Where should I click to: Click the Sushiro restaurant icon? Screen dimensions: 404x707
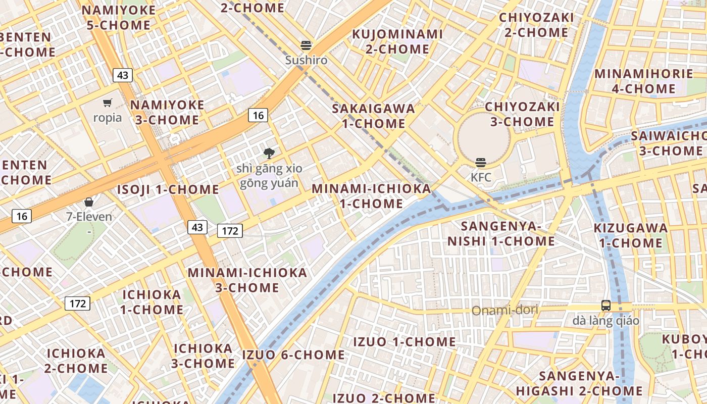(306, 45)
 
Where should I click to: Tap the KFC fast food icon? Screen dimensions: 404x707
(480, 163)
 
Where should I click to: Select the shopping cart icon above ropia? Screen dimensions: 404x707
(107, 103)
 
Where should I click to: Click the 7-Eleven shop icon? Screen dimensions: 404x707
(89, 202)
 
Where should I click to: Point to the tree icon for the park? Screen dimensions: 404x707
(269, 153)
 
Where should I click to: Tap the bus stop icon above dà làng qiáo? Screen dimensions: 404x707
(606, 305)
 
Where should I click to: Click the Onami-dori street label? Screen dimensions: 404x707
(504, 310)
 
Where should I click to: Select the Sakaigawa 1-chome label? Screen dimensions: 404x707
(373, 116)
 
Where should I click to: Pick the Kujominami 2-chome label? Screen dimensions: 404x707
(397, 41)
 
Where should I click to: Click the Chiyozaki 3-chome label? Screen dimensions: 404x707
(522, 114)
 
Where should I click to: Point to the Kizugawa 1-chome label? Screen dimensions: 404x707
(630, 235)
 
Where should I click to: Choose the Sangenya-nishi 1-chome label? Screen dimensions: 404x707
(501, 233)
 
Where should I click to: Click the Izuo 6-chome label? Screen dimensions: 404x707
(293, 355)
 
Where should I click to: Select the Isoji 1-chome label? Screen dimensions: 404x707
(168, 190)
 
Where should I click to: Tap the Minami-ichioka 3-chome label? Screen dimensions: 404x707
(247, 280)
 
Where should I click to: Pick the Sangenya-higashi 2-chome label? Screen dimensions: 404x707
(579, 383)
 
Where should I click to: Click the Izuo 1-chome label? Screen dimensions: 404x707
(404, 342)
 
